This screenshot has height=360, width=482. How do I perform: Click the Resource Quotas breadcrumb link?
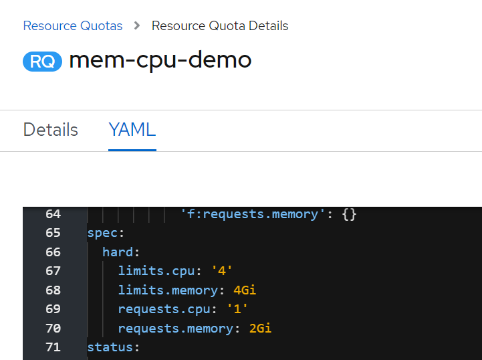click(73, 26)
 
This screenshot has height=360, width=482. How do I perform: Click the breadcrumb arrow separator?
click(137, 26)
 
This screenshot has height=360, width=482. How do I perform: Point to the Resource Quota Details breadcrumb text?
click(220, 26)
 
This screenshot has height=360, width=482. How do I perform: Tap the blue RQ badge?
click(42, 62)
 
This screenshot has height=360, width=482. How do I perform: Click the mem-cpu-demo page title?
click(160, 60)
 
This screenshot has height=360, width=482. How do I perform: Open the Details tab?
click(51, 130)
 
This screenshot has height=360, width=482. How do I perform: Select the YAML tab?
click(132, 130)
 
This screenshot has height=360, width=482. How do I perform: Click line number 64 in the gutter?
click(53, 214)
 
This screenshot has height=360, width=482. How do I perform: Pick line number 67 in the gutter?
click(53, 271)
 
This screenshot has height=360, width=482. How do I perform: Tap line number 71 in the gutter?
click(53, 347)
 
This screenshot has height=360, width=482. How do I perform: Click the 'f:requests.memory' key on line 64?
click(253, 214)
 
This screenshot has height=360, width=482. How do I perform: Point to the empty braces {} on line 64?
click(349, 214)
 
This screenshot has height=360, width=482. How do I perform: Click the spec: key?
click(106, 234)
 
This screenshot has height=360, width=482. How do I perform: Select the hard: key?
click(121, 252)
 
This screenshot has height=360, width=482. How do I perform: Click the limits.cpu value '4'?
click(222, 271)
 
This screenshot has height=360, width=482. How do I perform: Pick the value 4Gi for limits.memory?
click(245, 290)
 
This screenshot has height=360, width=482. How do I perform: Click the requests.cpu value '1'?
click(237, 309)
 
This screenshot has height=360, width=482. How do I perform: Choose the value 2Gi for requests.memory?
click(260, 329)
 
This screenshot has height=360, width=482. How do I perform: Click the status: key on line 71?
click(114, 348)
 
